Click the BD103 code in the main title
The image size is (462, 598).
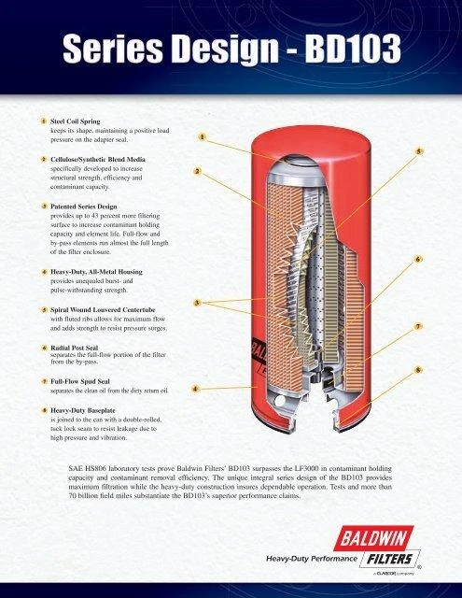(353, 48)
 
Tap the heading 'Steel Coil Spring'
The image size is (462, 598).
(76, 121)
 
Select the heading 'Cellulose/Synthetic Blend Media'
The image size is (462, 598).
(98, 159)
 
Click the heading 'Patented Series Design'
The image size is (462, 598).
(84, 206)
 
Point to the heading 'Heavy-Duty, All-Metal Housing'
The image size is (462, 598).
(96, 272)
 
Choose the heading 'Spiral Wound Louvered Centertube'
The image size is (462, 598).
(103, 309)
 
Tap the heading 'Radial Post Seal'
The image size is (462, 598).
(75, 348)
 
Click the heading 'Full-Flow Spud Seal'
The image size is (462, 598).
(80, 381)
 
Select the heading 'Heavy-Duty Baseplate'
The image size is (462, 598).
(83, 410)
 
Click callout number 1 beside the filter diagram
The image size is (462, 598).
(203, 136)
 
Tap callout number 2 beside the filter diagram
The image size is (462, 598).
(197, 171)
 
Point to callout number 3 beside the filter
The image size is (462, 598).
(197, 303)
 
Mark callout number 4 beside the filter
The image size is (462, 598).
(195, 389)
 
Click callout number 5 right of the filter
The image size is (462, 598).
(419, 151)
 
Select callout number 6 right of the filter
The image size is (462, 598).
(418, 260)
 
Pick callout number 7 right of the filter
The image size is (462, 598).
(418, 326)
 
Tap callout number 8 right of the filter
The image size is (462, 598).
(418, 370)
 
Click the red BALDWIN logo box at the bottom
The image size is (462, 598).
(373, 538)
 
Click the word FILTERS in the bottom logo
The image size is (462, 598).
(389, 559)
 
